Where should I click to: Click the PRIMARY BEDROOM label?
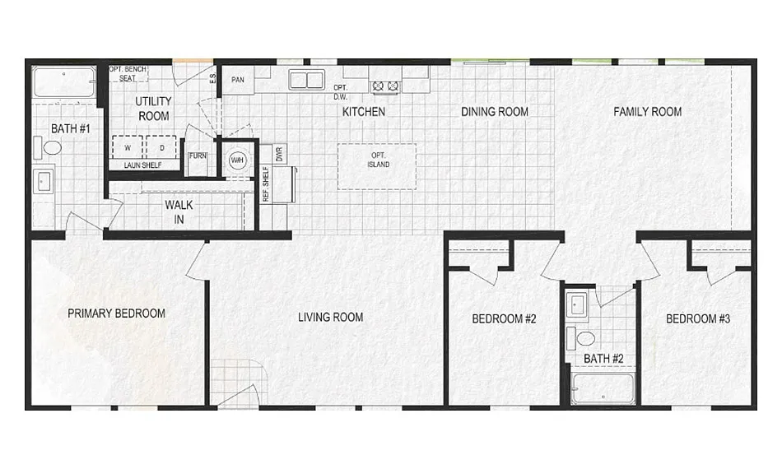click(116, 313)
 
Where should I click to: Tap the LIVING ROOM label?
click(330, 317)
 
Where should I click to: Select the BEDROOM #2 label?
click(504, 318)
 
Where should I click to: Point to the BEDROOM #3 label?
click(698, 318)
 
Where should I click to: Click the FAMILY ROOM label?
click(647, 112)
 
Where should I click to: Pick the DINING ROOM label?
click(494, 112)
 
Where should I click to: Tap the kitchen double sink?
click(306, 80)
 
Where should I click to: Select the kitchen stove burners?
click(384, 85)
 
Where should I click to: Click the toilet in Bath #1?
click(52, 148)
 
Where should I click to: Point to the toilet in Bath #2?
click(586, 338)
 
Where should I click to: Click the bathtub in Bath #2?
click(603, 388)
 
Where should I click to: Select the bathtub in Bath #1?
click(63, 83)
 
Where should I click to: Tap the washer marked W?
click(128, 148)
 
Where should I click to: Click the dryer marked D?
click(161, 148)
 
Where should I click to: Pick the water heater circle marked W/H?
click(237, 160)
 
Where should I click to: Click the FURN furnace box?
click(198, 156)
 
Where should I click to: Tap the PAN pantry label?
click(238, 80)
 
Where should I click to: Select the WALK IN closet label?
click(179, 211)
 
